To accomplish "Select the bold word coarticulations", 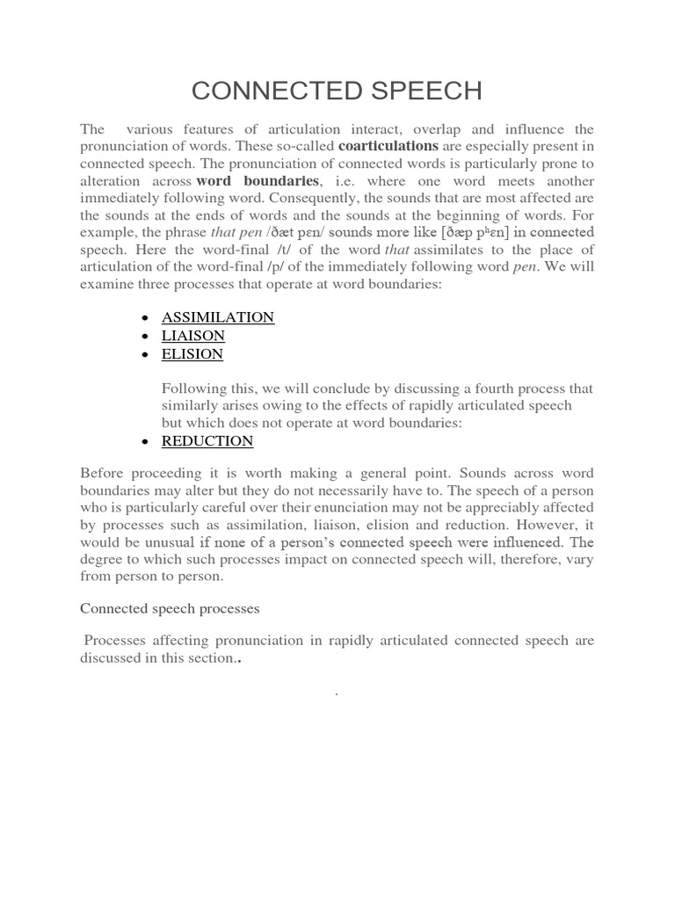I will tap(388, 146).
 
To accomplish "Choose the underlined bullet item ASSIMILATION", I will tap(218, 317).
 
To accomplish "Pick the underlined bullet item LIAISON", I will tap(193, 336).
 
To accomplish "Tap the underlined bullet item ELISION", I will tap(192, 354).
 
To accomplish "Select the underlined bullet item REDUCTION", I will tap(207, 441).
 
